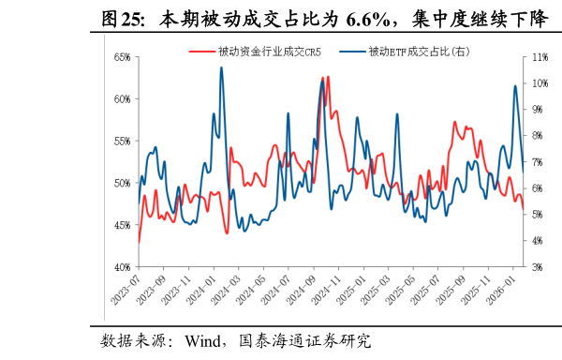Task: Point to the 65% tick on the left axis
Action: [x=122, y=57]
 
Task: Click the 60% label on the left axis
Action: [x=122, y=99]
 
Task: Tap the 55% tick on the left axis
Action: [x=122, y=141]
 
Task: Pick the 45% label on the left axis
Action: [x=122, y=225]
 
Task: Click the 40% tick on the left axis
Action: [x=122, y=267]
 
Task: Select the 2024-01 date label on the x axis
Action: [x=205, y=290]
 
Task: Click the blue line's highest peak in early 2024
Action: [x=221, y=67]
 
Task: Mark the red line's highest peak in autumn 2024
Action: [x=328, y=77]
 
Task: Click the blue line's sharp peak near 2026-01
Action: [x=515, y=86]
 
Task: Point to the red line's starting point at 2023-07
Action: [x=139, y=243]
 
